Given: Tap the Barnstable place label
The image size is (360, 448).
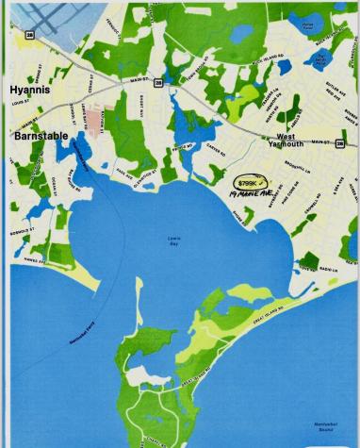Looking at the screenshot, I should click(40, 137).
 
